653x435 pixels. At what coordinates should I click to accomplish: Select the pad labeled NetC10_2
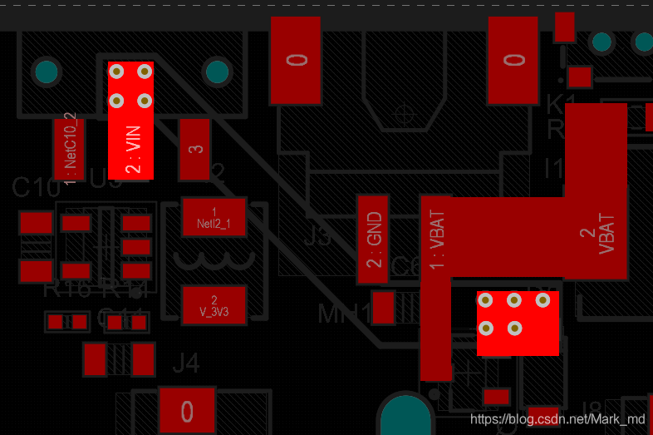click(x=70, y=148)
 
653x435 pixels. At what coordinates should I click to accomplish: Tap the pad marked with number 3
click(x=195, y=150)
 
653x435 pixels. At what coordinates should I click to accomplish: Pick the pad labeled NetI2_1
click(x=214, y=218)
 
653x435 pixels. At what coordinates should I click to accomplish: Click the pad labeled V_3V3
click(x=214, y=306)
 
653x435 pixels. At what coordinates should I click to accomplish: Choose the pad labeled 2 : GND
click(x=373, y=240)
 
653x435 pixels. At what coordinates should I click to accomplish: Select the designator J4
click(x=186, y=363)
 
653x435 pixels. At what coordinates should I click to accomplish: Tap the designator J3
click(x=317, y=236)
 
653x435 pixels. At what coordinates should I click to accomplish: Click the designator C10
click(x=31, y=187)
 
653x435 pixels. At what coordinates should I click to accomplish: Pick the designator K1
click(x=561, y=105)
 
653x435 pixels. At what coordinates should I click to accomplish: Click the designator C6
click(x=405, y=266)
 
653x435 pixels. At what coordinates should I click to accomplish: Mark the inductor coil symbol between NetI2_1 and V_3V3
click(x=214, y=262)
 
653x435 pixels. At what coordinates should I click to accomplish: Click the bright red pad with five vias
click(x=517, y=324)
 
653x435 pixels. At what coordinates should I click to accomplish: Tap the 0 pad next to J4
click(x=187, y=411)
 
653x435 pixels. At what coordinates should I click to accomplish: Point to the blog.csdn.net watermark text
click(x=557, y=420)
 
